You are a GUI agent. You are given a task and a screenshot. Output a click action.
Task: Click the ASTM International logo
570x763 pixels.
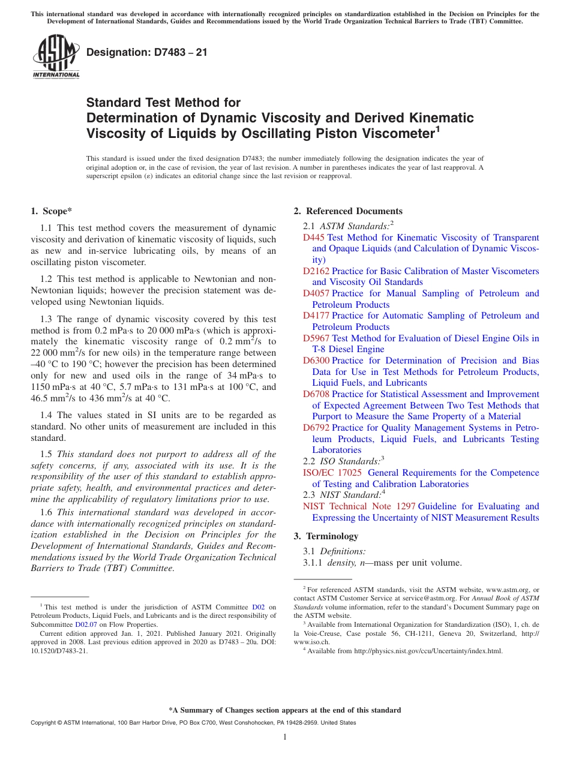(55, 56)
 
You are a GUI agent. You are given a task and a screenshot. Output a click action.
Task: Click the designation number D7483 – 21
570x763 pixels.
(147, 52)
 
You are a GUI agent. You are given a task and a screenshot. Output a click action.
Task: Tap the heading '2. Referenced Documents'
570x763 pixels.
(348, 211)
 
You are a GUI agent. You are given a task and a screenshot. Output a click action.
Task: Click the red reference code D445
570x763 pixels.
(314, 238)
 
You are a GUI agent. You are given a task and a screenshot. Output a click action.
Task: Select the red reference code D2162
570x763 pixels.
(316, 271)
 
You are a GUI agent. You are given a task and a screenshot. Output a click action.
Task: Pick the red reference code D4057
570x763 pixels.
(316, 293)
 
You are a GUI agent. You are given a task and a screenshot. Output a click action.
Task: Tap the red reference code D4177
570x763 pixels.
(316, 316)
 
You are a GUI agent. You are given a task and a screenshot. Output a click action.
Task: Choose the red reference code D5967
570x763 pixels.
(316, 338)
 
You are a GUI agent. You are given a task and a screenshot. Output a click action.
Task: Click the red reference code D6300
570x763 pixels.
(316, 361)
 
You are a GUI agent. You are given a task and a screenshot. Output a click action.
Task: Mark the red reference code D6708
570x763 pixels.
(316, 394)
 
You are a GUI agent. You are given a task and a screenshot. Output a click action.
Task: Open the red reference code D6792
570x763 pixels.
(316, 428)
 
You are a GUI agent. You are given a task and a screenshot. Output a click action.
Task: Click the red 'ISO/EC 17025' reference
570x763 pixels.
(332, 473)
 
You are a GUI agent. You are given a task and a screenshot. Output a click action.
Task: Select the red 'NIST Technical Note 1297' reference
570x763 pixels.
(359, 506)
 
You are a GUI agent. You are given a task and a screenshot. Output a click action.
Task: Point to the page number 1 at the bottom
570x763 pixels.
(285, 737)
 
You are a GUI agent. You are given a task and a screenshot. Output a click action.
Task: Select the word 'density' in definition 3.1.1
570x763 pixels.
(341, 563)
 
